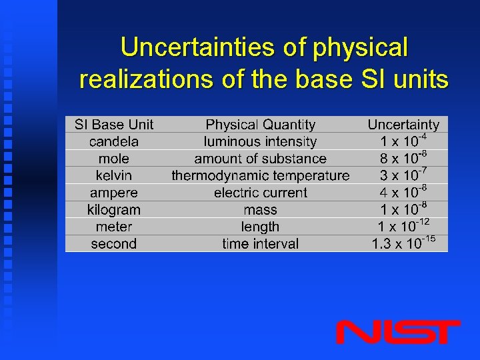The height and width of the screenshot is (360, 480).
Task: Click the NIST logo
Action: [x=397, y=331]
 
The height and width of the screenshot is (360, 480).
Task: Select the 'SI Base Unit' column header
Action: [x=114, y=125]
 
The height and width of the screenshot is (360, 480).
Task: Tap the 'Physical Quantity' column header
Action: [x=261, y=125]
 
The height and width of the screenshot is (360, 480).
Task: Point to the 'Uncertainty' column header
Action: [x=403, y=125]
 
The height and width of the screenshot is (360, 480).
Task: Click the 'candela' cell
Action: [x=114, y=141]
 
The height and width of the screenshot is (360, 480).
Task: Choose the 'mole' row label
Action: [x=114, y=159]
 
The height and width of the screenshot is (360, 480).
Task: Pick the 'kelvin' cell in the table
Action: [x=114, y=175]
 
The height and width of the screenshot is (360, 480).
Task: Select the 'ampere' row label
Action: [x=114, y=193]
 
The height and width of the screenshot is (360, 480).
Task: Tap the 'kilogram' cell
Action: [x=114, y=209]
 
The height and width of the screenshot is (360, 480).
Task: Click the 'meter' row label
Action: [x=114, y=227]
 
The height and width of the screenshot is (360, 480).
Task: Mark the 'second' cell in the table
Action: [x=114, y=243]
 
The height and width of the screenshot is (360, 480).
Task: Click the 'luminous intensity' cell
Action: [x=261, y=141]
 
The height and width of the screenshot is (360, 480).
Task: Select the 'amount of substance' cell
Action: [x=261, y=159]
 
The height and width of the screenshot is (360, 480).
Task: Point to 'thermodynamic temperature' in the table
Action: [x=261, y=175]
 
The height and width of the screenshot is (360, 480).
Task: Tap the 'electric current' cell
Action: [x=261, y=193]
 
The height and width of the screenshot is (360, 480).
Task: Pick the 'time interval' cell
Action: [x=261, y=243]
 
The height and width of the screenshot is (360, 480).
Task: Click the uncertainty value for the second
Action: [x=403, y=243]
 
